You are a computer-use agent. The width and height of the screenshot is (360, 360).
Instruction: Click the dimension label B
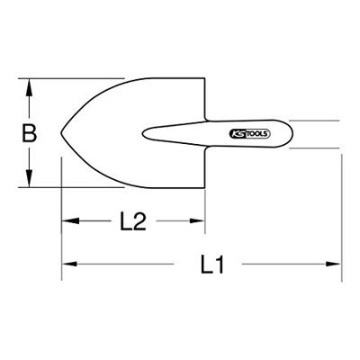[30, 133]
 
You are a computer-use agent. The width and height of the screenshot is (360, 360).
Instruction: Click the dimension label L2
[133, 221]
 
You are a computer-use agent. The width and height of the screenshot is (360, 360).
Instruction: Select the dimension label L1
[212, 265]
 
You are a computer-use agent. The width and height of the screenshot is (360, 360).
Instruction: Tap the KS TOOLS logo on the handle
[250, 134]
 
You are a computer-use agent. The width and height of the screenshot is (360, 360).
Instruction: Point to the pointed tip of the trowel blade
[61, 133]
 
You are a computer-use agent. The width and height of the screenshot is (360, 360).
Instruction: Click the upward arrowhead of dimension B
[29, 87]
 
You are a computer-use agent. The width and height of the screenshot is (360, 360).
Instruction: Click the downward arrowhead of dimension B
[29, 178]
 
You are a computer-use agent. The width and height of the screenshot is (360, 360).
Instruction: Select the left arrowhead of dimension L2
[70, 221]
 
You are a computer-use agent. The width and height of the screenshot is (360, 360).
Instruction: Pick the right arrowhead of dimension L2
[197, 221]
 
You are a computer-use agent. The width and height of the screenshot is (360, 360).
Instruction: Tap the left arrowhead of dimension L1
[69, 264]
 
